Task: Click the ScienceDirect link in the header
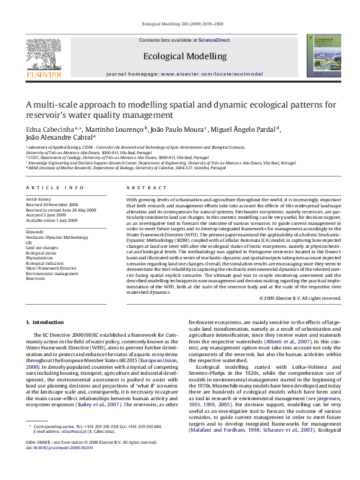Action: click(x=214, y=40)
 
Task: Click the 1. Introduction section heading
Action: click(x=47, y=324)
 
